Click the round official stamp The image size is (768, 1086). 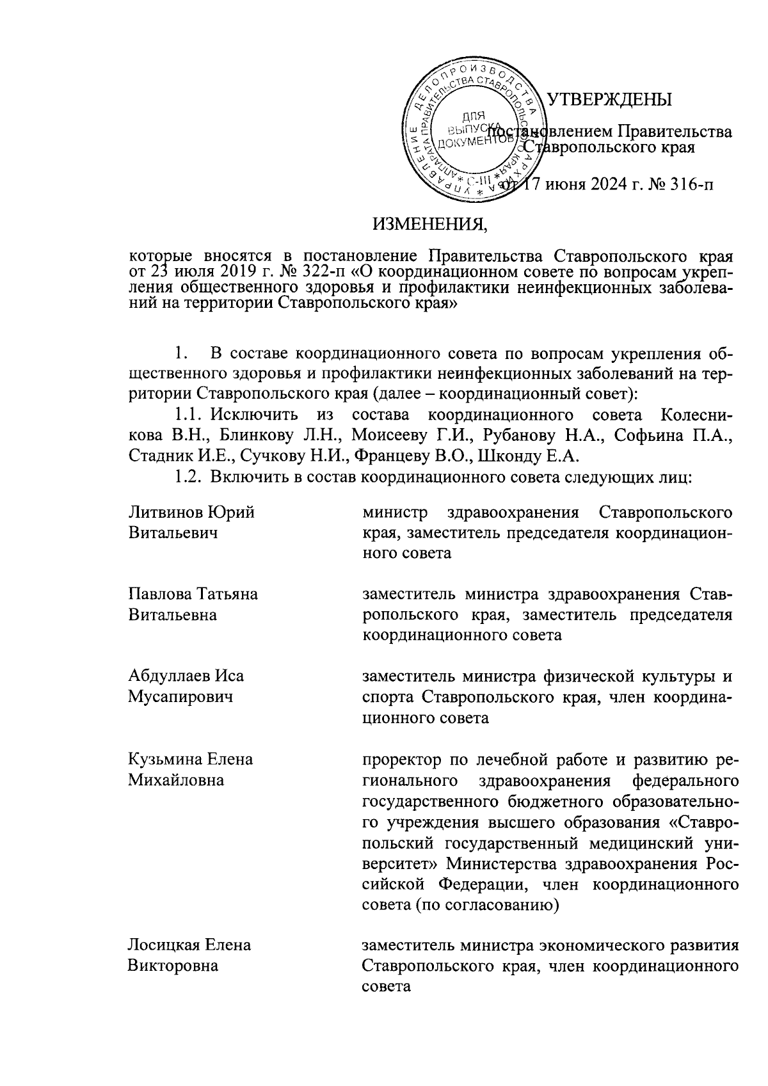(472, 132)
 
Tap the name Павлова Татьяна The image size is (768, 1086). (193, 593)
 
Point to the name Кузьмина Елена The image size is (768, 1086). (190, 759)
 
